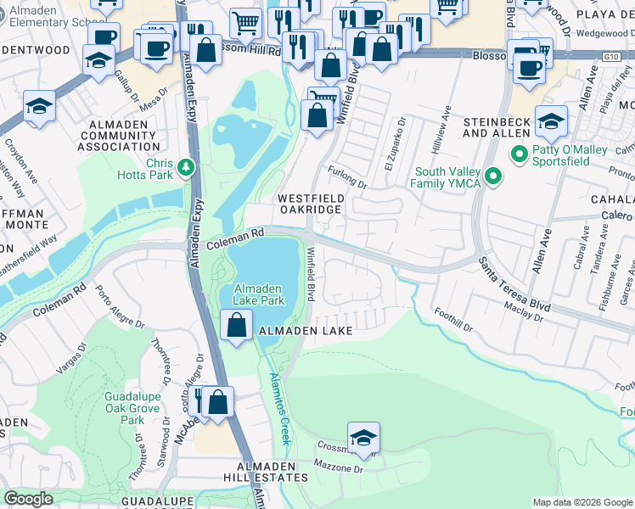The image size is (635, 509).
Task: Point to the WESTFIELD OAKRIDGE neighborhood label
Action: tap(312, 204)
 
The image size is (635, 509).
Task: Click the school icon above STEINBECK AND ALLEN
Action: tap(551, 120)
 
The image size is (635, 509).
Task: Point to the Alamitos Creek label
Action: tap(279, 408)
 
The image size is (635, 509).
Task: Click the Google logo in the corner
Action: tap(29, 499)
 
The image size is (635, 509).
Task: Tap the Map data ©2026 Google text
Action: tap(582, 502)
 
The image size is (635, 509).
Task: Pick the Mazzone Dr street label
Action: tap(339, 467)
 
